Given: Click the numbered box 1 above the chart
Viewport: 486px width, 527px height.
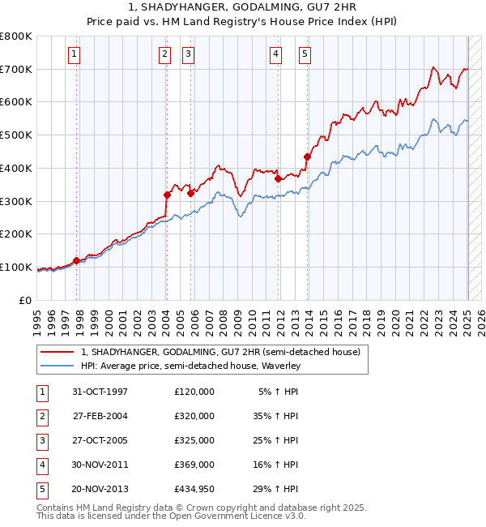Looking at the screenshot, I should tap(74, 54).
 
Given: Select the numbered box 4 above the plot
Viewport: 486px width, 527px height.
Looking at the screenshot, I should tap(275, 54).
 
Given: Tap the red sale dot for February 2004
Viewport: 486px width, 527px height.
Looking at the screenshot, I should tap(167, 195).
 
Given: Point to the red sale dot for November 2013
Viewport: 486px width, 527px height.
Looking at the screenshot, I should tap(308, 156).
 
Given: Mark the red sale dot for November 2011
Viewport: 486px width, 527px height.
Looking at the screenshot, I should tap(278, 178).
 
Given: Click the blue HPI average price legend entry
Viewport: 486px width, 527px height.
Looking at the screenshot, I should tap(190, 366).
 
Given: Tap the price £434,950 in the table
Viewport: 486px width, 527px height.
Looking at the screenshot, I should tap(194, 489).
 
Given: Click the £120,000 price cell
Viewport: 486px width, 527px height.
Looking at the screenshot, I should tap(194, 392).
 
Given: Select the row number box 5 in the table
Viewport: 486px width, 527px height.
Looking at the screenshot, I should tap(40, 489).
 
